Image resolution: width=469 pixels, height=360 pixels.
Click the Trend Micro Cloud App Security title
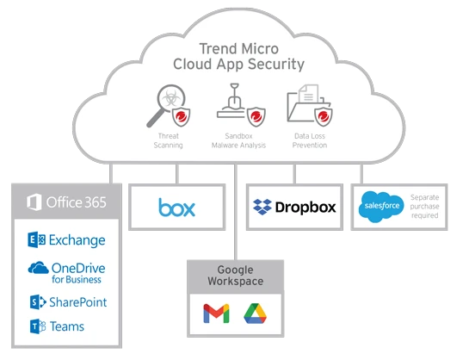pyautogui.click(x=238, y=57)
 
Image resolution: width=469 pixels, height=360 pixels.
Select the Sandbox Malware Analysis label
pyautogui.click(x=238, y=140)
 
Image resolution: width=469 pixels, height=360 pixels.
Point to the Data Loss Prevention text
pyautogui.click(x=310, y=140)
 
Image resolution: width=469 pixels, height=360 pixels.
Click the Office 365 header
pyautogui.click(x=66, y=202)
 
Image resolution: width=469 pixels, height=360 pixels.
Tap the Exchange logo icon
pyautogui.click(x=36, y=239)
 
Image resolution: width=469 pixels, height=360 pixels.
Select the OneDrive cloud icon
pyautogui.click(x=38, y=268)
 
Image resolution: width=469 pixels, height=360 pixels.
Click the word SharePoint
pyautogui.click(x=78, y=302)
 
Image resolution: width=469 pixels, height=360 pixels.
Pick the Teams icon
pyautogui.click(x=38, y=326)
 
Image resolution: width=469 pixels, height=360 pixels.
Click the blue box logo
pyautogui.click(x=176, y=207)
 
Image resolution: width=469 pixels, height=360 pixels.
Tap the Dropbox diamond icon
pyautogui.click(x=262, y=207)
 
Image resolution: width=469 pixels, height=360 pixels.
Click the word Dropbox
pyautogui.click(x=305, y=207)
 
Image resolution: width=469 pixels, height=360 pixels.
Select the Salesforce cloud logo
pyautogui.click(x=381, y=207)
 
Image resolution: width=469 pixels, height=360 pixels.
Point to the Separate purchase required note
pyautogui.click(x=424, y=207)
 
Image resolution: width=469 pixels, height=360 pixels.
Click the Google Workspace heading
pyautogui.click(x=236, y=276)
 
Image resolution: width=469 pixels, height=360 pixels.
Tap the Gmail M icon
pyautogui.click(x=216, y=313)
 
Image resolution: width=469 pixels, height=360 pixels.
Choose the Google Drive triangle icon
pyautogui.click(x=255, y=313)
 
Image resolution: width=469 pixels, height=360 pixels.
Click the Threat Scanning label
pyautogui.click(x=168, y=140)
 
